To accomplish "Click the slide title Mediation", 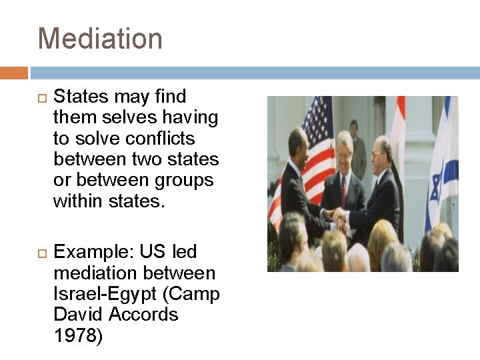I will (x=100, y=39).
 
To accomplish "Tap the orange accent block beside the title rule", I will (x=13, y=72).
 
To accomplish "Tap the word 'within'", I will (x=79, y=201).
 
